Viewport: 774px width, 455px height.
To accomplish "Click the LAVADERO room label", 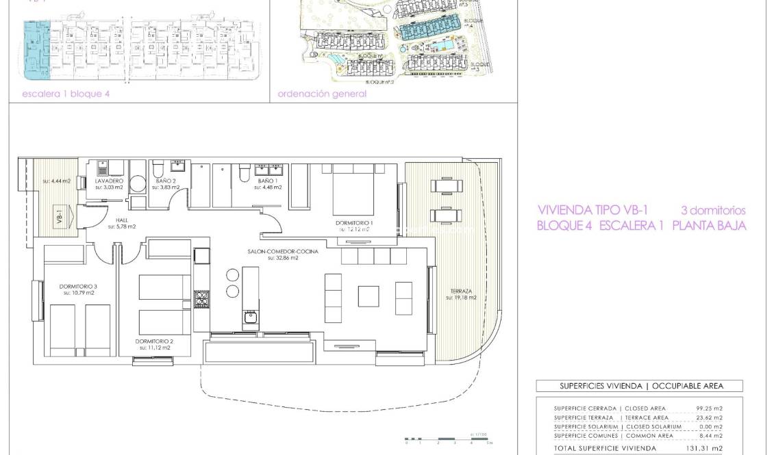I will [109, 181].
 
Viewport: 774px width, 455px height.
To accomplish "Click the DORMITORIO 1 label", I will [354, 223].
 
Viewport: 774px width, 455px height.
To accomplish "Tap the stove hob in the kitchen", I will [202, 299].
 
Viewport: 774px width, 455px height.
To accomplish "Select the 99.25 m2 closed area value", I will [709, 408].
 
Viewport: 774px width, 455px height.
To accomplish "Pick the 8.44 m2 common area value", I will [710, 436].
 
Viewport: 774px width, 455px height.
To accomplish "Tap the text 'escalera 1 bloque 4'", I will [66, 94].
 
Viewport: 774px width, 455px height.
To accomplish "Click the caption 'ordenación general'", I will [322, 94].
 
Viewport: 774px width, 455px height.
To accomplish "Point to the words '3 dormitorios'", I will [713, 211].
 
